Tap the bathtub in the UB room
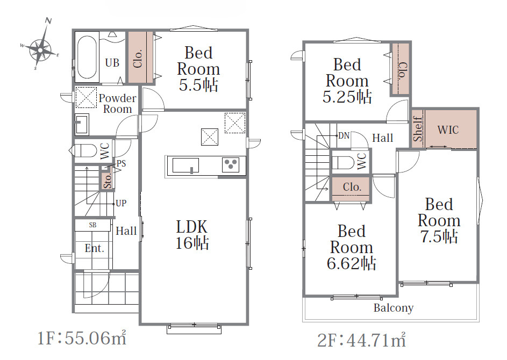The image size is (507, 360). coord(87,57)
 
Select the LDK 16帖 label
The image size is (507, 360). coord(192,235)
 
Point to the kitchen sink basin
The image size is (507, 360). coord(185,165)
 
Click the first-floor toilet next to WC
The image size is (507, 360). coord(83,151)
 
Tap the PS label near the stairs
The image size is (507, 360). coord(121,163)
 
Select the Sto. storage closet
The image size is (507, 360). coord(107,181)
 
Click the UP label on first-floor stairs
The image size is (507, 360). coord(121,203)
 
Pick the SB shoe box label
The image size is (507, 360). coord(92,225)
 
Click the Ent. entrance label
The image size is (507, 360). coord(95,248)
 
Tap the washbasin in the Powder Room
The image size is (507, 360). coord(82,124)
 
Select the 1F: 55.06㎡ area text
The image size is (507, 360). coord(82,339)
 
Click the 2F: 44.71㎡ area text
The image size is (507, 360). coord(361,340)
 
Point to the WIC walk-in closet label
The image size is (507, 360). coord(448,130)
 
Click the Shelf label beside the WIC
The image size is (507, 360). coord(418,129)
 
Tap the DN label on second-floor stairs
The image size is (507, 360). coord(344,136)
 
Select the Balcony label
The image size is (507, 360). coord(394,308)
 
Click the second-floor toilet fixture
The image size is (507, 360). coord(344,163)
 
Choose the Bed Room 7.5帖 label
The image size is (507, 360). coord(439,220)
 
